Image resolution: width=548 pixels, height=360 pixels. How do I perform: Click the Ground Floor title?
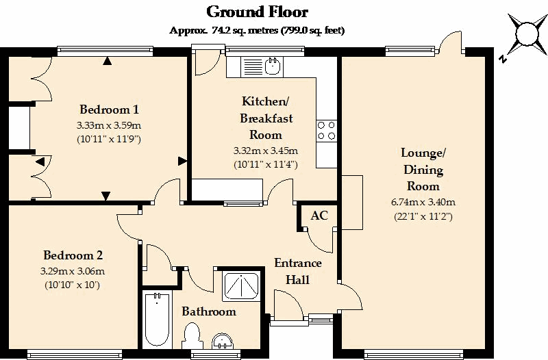point(257,12)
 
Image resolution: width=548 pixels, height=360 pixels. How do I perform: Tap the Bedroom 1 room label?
point(110,110)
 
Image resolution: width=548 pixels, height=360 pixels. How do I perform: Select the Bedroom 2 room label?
point(73,256)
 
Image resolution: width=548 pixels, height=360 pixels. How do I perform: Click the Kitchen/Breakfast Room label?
point(266,118)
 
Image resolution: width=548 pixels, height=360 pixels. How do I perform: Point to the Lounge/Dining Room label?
point(424,169)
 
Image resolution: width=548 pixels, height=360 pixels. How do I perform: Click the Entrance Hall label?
point(298,271)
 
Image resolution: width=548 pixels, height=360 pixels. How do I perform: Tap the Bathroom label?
point(209,311)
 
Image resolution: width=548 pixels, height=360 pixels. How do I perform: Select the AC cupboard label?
point(319,216)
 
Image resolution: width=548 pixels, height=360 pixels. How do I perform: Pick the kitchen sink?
point(273,66)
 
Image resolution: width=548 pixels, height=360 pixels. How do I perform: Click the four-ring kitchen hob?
point(326,130)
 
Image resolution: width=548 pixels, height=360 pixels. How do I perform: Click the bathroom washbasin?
point(223,341)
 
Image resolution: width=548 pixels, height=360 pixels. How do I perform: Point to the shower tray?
point(241,285)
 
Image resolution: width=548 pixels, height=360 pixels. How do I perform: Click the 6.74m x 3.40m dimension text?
point(424,202)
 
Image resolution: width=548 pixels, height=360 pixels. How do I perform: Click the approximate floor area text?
point(257,30)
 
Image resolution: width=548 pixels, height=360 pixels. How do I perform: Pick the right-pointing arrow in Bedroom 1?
point(182,161)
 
